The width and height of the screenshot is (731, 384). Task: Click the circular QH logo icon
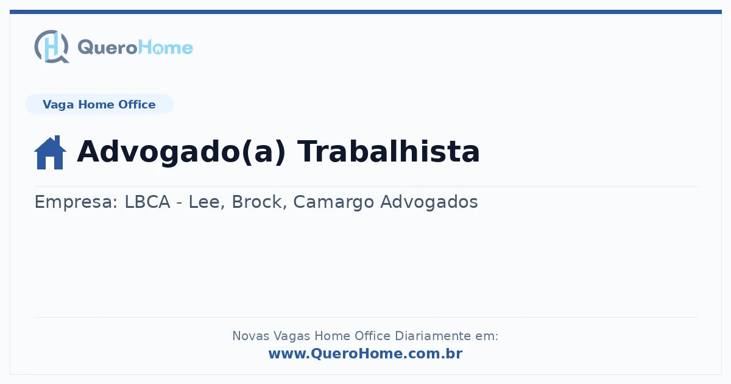52,46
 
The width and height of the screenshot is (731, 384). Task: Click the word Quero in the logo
108,48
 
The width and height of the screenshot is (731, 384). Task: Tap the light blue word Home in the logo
166,47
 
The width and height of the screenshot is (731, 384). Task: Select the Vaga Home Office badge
99,104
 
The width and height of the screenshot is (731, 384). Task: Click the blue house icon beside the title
50,152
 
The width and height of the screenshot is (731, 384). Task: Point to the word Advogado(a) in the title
182,152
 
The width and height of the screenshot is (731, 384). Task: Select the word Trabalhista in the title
389,151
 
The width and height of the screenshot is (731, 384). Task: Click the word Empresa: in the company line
76,202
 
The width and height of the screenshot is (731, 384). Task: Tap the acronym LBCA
147,202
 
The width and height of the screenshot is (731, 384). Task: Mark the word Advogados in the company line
429,202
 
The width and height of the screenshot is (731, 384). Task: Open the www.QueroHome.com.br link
365,354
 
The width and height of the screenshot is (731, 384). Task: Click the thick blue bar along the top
365,12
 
